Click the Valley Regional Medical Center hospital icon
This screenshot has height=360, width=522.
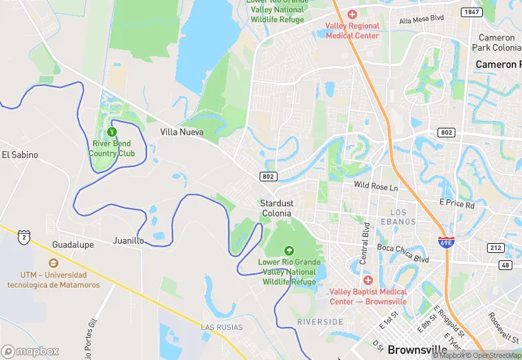point(352,14)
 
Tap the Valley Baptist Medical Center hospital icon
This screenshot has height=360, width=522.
point(368,280)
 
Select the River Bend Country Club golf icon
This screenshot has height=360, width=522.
point(112,131)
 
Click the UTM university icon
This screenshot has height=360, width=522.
point(54,263)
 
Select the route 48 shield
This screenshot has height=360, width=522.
point(506,265)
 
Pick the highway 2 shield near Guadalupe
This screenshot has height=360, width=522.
point(25,237)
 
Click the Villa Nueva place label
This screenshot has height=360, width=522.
point(182,132)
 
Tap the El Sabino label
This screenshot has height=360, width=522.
point(20,155)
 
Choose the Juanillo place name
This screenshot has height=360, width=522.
point(128,241)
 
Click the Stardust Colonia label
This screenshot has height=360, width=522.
point(275,208)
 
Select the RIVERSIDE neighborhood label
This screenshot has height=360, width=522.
point(320,322)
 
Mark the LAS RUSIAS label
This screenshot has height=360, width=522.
point(221,327)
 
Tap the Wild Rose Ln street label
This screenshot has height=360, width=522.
point(376,187)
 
